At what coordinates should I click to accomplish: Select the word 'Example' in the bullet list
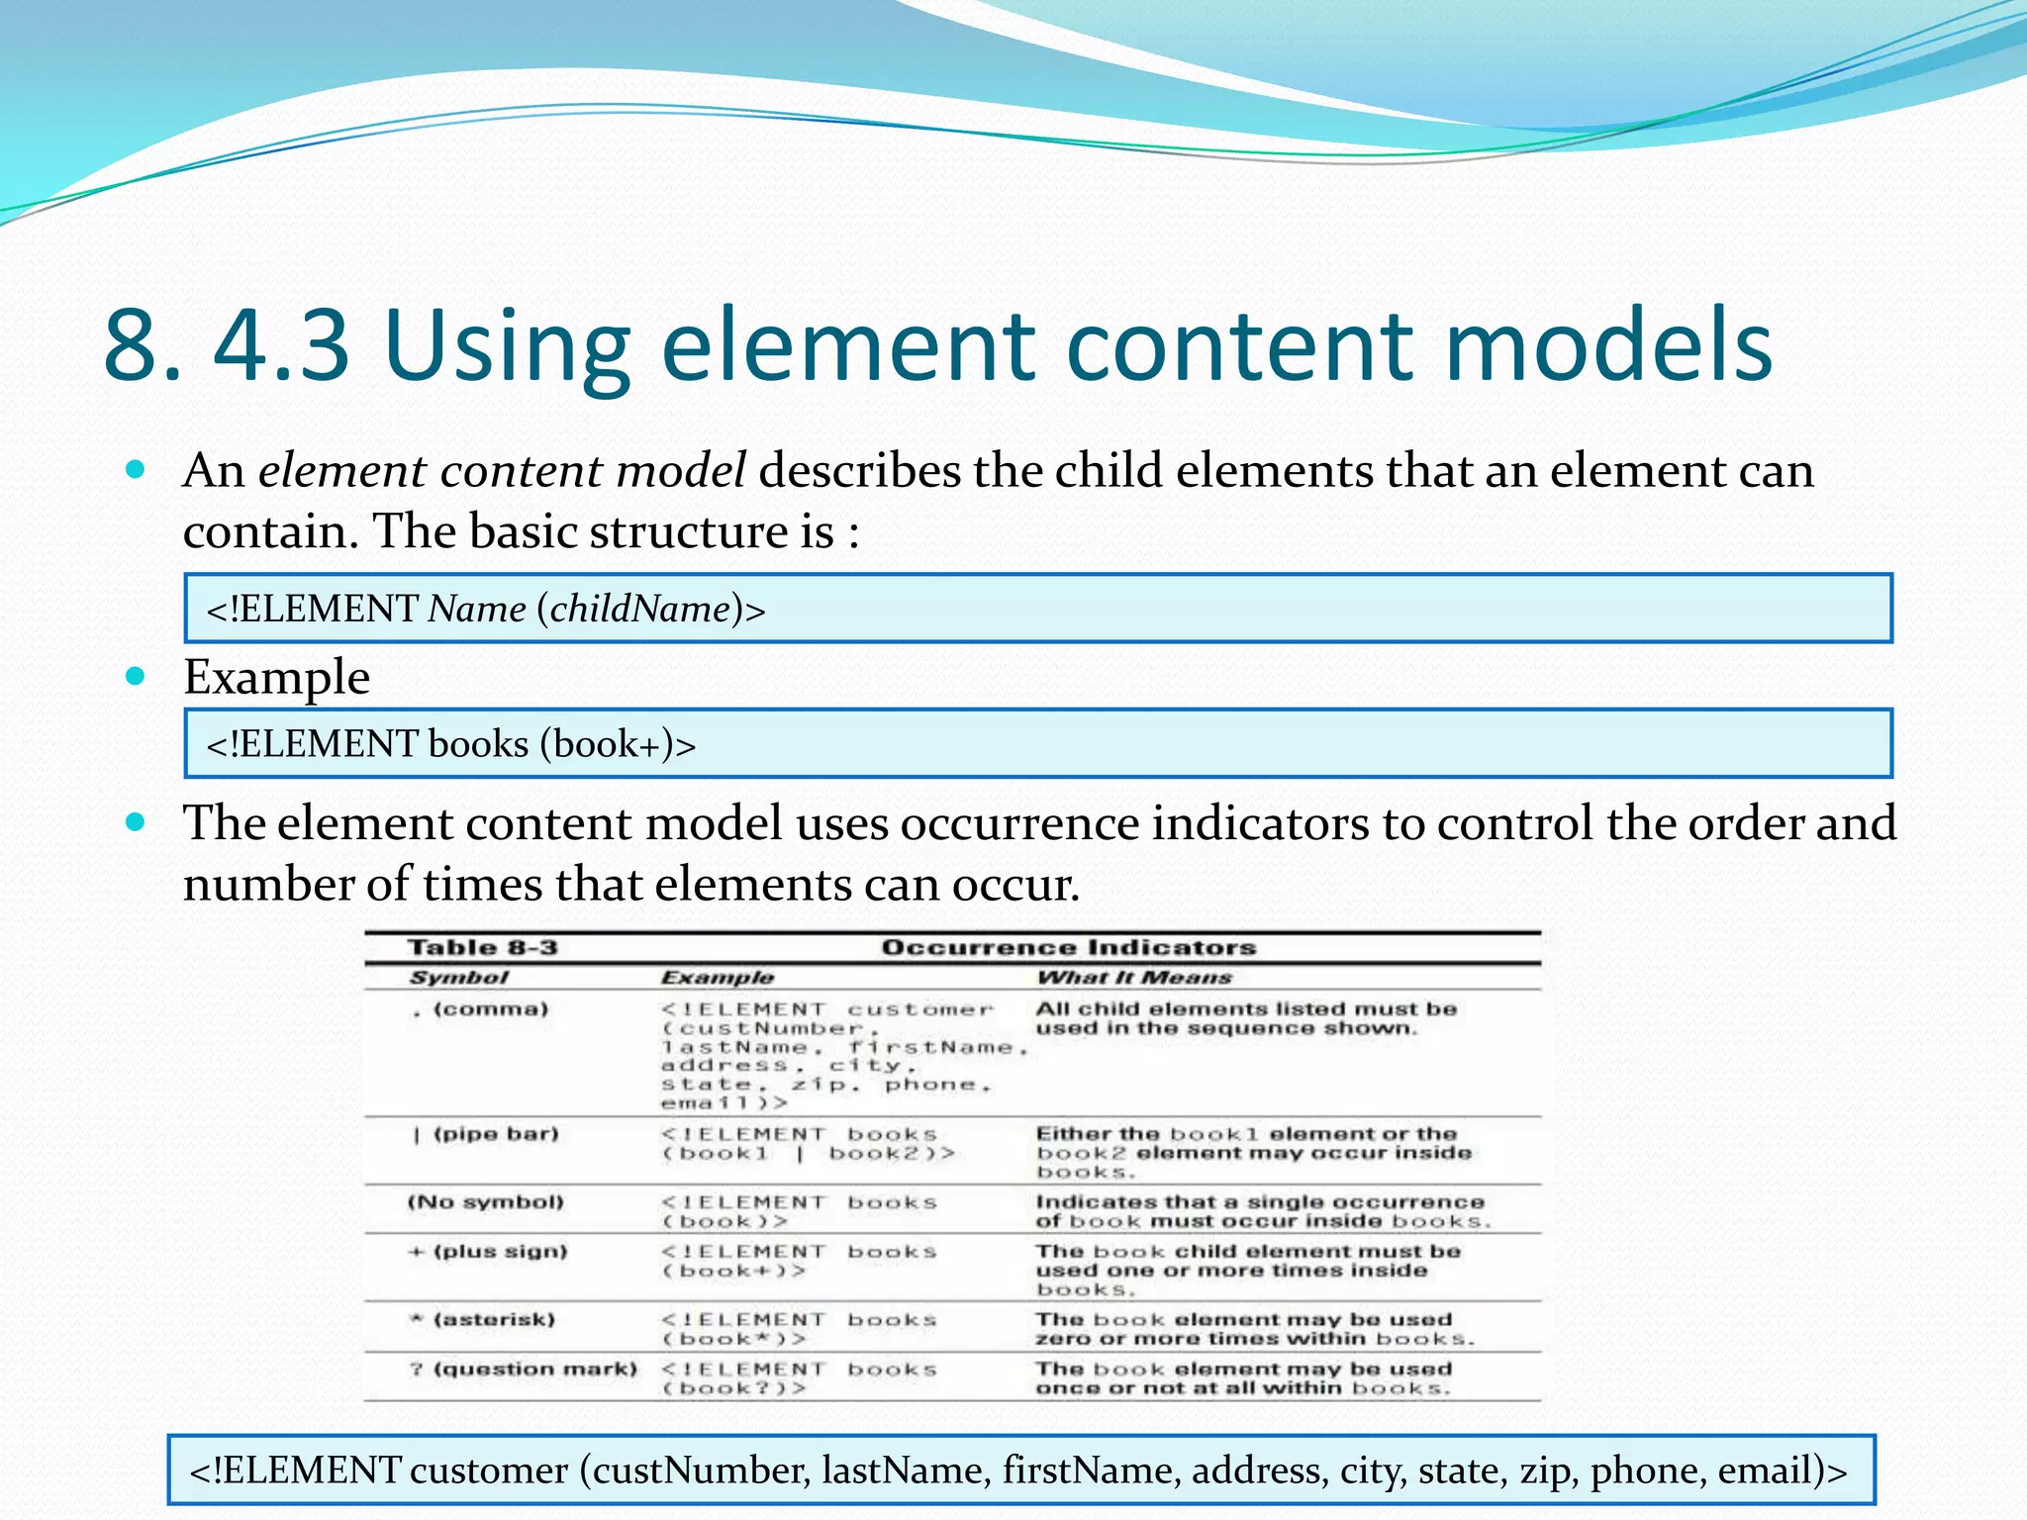(x=276, y=678)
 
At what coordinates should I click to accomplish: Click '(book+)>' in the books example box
(x=618, y=744)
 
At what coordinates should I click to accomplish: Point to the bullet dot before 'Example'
(x=137, y=677)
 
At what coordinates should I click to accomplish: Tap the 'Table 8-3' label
(x=483, y=948)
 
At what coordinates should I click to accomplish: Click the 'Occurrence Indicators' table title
(x=1069, y=948)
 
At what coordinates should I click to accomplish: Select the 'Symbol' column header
(x=459, y=978)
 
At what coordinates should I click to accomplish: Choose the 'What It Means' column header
(x=1134, y=978)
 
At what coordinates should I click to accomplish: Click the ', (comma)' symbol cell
(x=480, y=1010)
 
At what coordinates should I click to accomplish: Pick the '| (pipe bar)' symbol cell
(x=486, y=1134)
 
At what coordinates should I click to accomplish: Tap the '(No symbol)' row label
(x=486, y=1202)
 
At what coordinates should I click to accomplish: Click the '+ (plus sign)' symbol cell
(x=489, y=1252)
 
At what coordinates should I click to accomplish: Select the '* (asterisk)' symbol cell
(x=483, y=1320)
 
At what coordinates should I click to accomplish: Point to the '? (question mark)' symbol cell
(x=524, y=1370)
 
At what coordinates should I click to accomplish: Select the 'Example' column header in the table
(x=718, y=978)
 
